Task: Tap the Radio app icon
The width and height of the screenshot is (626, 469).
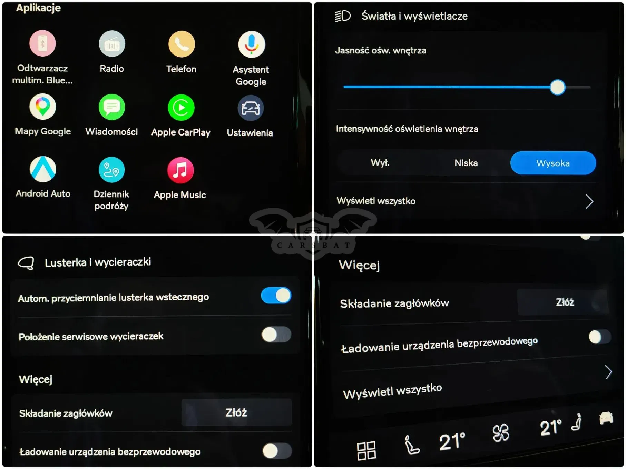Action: click(112, 44)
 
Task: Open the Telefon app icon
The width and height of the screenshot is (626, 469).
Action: click(182, 44)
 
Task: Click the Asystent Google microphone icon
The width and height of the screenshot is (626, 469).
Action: click(252, 44)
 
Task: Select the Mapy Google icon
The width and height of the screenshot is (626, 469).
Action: click(43, 107)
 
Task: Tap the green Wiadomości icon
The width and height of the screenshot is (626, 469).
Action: click(112, 107)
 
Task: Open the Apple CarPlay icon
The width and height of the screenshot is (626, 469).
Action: click(181, 107)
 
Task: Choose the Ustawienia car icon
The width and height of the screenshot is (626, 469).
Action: click(251, 108)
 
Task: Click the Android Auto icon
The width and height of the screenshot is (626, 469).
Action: click(43, 169)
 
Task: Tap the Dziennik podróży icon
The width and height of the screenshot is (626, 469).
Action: click(111, 170)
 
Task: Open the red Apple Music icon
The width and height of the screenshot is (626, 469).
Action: click(180, 170)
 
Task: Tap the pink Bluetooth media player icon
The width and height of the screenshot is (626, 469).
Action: click(42, 43)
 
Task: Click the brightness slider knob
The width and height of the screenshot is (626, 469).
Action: click(558, 87)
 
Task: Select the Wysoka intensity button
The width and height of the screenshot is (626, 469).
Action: click(553, 163)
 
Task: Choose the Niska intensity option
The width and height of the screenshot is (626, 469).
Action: click(466, 163)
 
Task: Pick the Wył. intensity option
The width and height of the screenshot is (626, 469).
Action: click(380, 162)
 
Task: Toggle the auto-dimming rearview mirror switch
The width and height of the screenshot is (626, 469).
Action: click(276, 296)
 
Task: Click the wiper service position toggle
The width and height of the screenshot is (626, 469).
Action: click(276, 335)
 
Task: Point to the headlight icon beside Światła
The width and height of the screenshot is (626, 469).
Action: click(343, 16)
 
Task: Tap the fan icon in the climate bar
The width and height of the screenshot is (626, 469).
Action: click(501, 433)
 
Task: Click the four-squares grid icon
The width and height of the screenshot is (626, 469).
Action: click(366, 451)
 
